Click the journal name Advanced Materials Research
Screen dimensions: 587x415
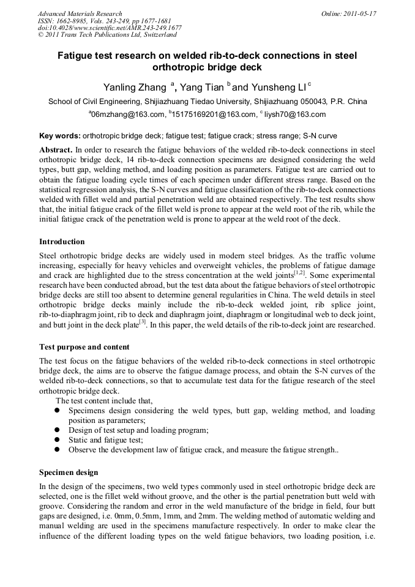[80, 13]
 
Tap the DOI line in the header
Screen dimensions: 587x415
[110, 28]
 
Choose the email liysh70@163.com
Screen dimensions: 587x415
[294, 114]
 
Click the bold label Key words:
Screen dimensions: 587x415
[59, 135]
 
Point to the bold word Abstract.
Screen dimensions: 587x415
[56, 149]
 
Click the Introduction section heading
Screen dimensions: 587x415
[62, 242]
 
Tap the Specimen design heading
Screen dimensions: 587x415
[68, 473]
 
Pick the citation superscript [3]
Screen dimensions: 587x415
[141, 322]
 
